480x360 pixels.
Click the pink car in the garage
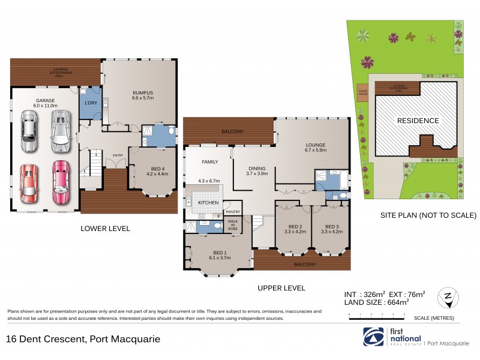pyautogui.click(x=61, y=181)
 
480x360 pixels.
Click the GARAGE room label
pyautogui.click(x=46, y=100)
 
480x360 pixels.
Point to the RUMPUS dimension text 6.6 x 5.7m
pyautogui.click(x=143, y=98)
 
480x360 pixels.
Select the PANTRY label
pyautogui.click(x=232, y=211)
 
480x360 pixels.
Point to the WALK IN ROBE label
pyautogui.click(x=232, y=226)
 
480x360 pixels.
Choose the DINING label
pyautogui.click(x=250, y=167)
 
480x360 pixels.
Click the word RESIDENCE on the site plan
pyautogui.click(x=418, y=121)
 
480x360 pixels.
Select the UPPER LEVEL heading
pyautogui.click(x=281, y=288)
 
